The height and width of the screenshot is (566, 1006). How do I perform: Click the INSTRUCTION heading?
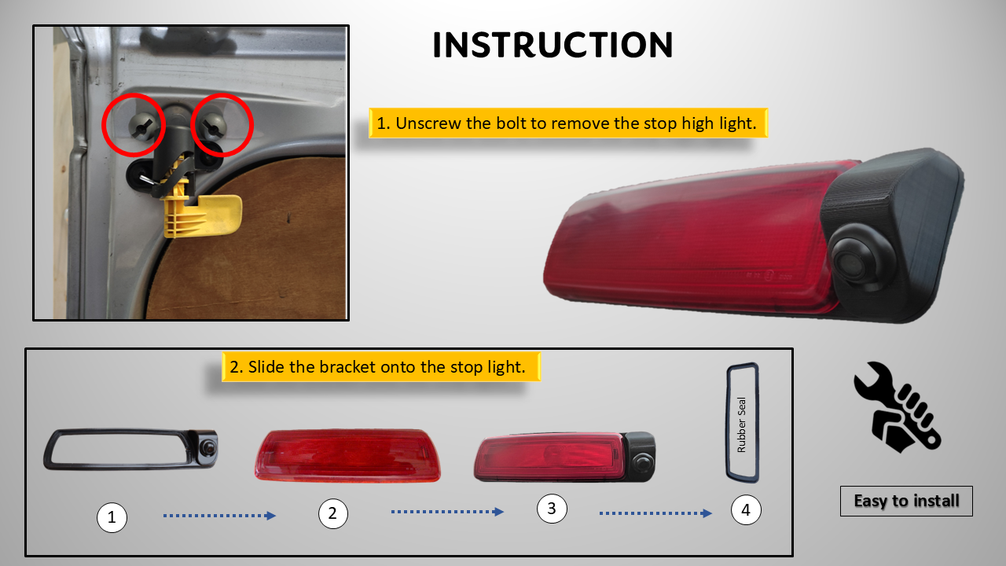click(553, 45)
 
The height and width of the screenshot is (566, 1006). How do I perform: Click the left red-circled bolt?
click(143, 125)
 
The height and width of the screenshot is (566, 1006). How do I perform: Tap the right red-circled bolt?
click(212, 125)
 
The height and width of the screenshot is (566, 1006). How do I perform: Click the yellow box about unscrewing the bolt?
click(568, 123)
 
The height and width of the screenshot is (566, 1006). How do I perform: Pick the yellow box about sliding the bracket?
click(381, 367)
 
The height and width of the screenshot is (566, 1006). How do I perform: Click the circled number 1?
click(112, 517)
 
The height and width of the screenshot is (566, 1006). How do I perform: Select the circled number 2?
click(332, 513)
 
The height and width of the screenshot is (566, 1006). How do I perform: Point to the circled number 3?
click(552, 509)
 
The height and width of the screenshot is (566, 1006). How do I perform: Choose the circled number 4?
click(746, 510)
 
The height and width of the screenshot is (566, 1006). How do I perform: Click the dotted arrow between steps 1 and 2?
click(219, 516)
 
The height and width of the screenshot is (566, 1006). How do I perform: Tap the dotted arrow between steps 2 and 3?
click(447, 512)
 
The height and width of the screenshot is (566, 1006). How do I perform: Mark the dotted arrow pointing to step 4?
click(655, 513)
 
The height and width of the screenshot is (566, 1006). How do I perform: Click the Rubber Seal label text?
click(741, 424)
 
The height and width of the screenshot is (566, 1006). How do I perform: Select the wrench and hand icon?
click(898, 407)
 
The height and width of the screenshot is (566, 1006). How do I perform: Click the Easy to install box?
click(906, 501)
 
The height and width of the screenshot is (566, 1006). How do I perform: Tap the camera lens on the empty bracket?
click(207, 447)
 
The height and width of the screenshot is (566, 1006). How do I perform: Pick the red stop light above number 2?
click(347, 455)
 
